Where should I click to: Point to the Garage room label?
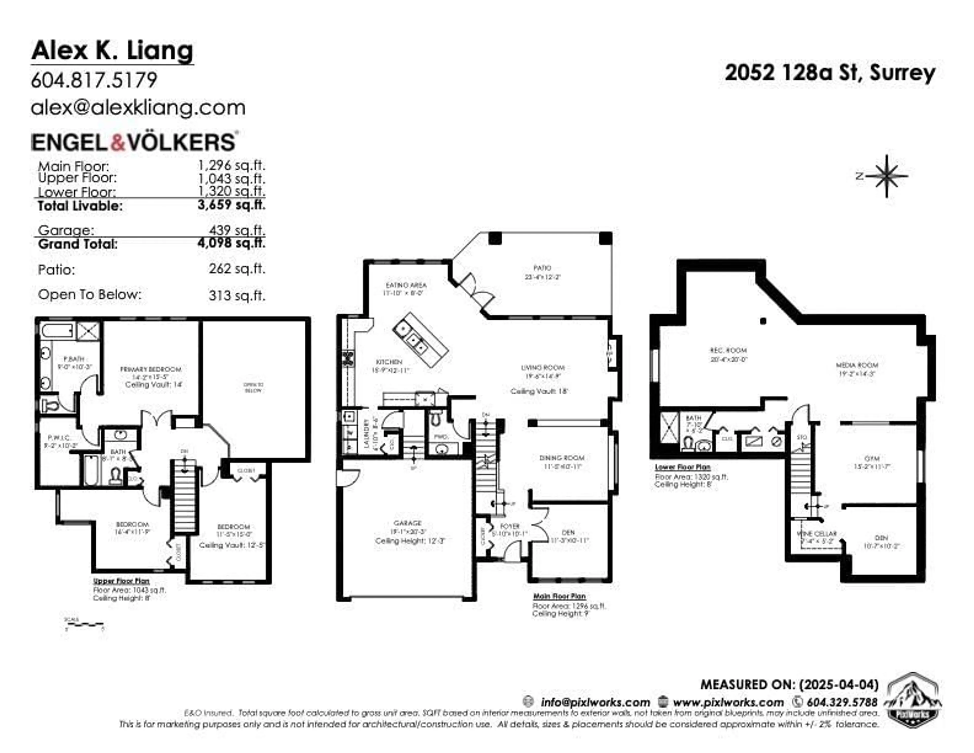[407, 523]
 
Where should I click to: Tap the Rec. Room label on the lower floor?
[728, 350]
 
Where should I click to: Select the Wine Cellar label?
[816, 534]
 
